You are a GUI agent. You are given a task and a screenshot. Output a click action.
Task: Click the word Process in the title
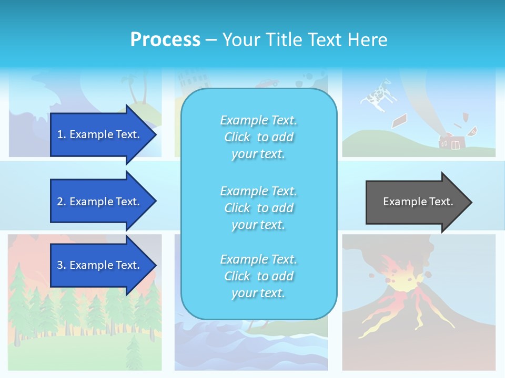[x=165, y=40]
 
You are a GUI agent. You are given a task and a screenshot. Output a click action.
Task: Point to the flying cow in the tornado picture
[x=376, y=94]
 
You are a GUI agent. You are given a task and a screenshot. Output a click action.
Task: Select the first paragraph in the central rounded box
[x=258, y=137]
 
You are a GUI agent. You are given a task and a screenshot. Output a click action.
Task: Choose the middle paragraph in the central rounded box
[x=258, y=208]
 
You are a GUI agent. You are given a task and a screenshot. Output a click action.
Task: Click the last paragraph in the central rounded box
[x=258, y=276]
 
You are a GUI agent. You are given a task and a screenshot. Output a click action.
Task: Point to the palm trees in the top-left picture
[x=132, y=89]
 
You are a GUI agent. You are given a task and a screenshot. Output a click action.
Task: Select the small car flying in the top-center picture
[x=268, y=83]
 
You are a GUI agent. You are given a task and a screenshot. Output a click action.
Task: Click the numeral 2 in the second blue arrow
[x=60, y=202]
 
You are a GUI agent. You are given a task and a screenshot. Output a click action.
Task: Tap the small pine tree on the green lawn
[x=134, y=349]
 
